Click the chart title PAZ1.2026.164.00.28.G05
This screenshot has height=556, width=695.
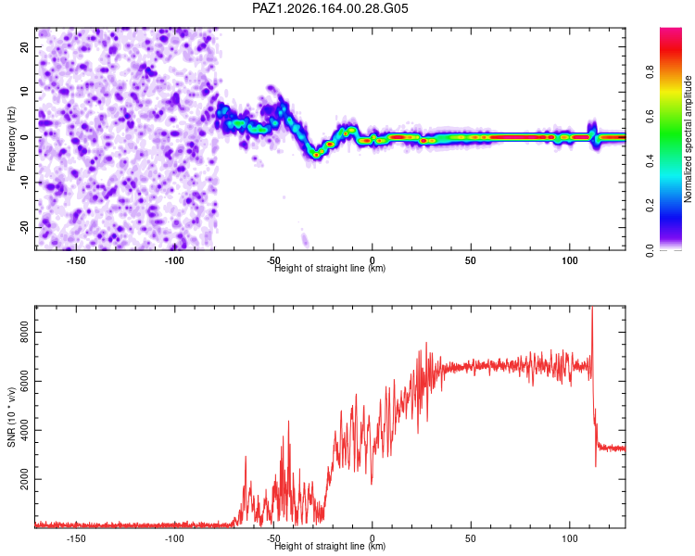click(330, 8)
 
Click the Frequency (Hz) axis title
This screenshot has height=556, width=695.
click(11, 139)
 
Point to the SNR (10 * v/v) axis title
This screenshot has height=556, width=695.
click(11, 417)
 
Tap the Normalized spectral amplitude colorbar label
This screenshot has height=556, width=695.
click(688, 139)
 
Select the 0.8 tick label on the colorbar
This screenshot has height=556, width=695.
click(650, 71)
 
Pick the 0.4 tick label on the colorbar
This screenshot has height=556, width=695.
click(650, 161)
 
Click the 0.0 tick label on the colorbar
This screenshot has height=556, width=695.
click(650, 250)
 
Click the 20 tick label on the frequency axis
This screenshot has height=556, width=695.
click(24, 46)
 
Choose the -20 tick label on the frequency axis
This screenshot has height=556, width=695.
click(24, 227)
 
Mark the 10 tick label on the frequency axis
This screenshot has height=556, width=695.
click(24, 92)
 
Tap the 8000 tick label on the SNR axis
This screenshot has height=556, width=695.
click(24, 332)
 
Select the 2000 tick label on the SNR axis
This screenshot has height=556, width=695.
click(24, 479)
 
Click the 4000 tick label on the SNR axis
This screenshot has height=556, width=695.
click(24, 430)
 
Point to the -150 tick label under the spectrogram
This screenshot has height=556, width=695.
click(76, 260)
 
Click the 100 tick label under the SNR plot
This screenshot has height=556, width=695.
click(570, 538)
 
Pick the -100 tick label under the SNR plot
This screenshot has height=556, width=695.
click(174, 538)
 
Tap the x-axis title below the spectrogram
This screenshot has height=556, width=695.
click(330, 268)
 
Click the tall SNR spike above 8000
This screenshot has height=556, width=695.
click(592, 310)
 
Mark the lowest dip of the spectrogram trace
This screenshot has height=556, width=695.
click(316, 155)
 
